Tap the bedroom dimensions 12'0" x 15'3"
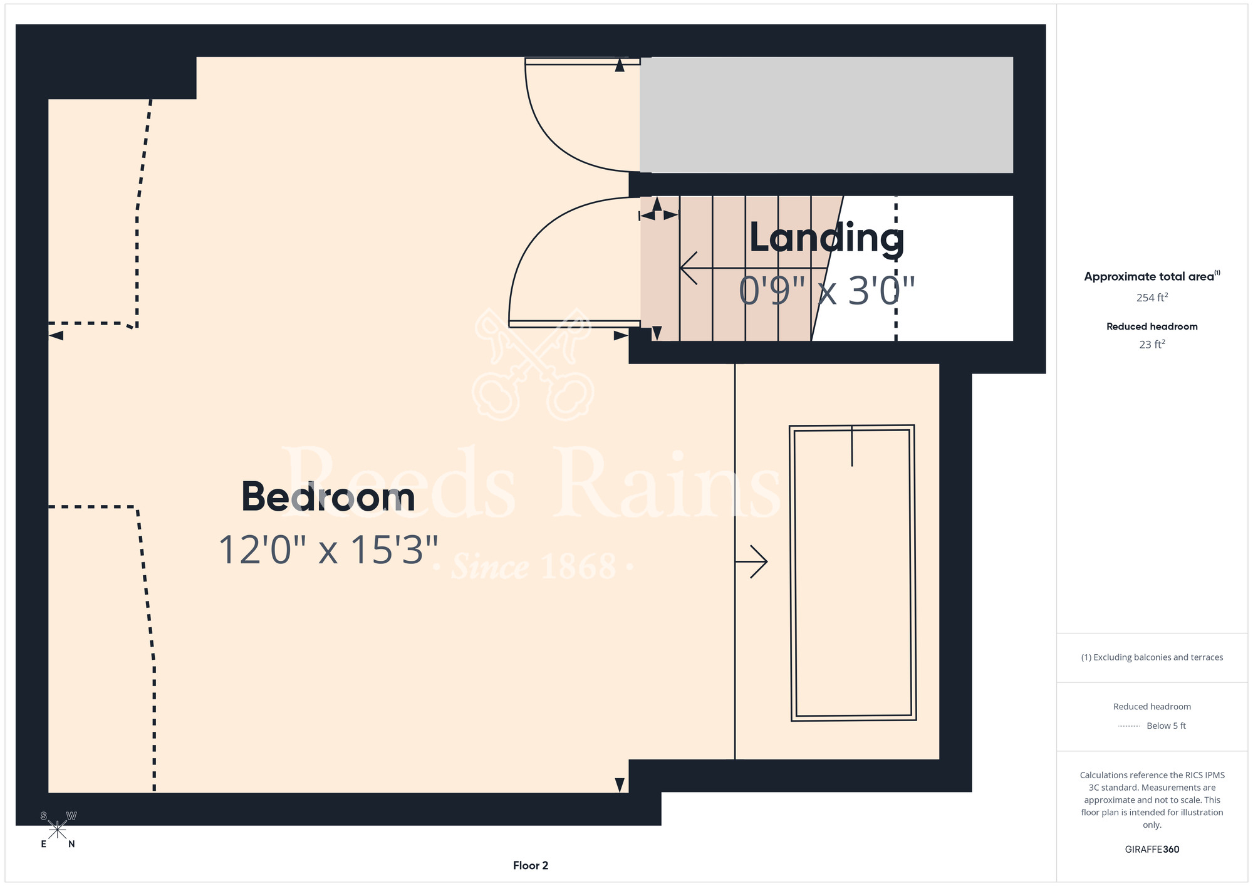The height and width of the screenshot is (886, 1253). point(328,550)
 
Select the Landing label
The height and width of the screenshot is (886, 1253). point(827,239)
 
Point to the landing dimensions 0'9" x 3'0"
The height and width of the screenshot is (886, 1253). point(827,291)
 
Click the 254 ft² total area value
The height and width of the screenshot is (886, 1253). point(1152,298)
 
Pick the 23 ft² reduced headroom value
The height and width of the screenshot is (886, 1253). point(1152,345)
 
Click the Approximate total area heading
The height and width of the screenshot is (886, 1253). point(1152,276)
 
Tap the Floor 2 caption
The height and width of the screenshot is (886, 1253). point(531,865)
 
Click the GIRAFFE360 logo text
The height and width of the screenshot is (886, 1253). point(1152,850)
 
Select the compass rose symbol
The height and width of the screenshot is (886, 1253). point(57,830)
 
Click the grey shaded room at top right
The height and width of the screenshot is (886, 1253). point(826,115)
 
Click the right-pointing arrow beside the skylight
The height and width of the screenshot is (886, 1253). point(751,561)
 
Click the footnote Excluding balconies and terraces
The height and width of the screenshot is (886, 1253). point(1152,657)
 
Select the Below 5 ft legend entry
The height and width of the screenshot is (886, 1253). point(1152,726)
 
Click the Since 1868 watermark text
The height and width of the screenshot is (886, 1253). point(534,566)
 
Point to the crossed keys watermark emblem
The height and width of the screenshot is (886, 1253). point(533,363)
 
